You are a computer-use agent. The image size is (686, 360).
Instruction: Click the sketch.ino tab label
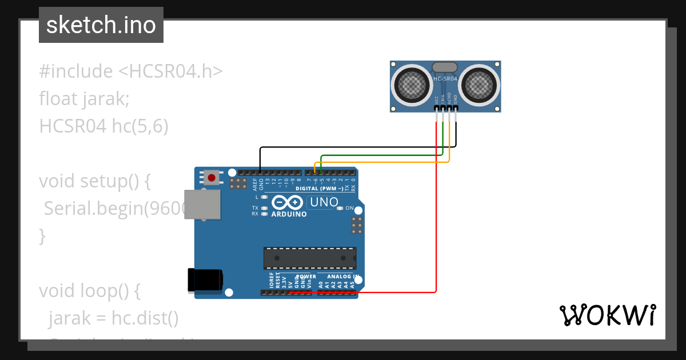tap(101, 25)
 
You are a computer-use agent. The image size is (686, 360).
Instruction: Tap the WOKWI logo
tap(607, 315)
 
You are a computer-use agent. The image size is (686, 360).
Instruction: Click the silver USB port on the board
tap(202, 205)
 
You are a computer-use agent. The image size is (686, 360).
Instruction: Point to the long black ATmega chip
tap(309, 258)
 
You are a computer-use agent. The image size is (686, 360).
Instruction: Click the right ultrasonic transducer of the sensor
tap(479, 85)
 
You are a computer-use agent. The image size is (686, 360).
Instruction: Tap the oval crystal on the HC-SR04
tap(445, 67)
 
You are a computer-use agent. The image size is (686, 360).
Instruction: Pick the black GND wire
tap(354, 147)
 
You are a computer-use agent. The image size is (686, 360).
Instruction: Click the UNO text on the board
tap(323, 202)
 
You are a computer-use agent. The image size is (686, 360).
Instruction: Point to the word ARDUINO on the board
tap(289, 214)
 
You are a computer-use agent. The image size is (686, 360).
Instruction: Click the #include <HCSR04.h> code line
tap(131, 71)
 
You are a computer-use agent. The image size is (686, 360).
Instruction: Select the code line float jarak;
tap(85, 99)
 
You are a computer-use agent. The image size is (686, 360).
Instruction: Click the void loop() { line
tap(89, 291)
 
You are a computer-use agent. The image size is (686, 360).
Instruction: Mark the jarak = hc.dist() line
tap(113, 317)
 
